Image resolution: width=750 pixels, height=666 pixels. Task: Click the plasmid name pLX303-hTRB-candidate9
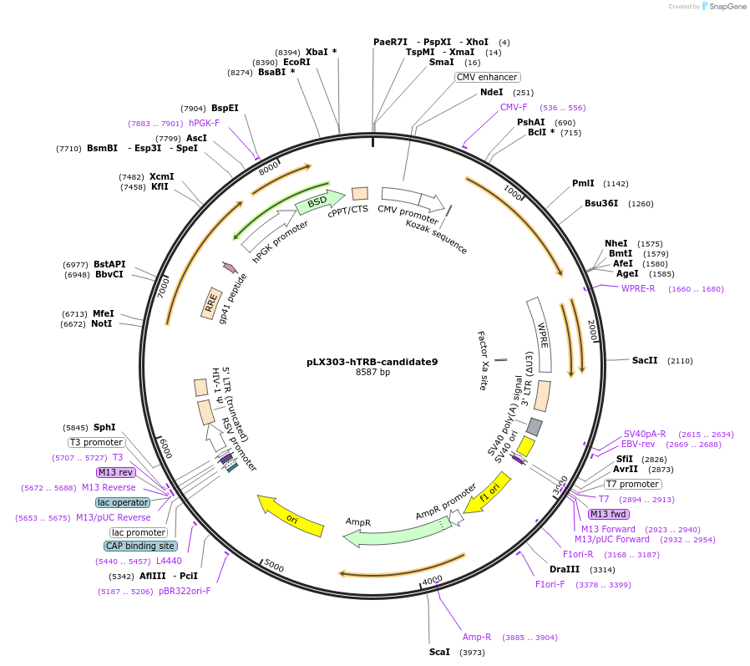click(372, 362)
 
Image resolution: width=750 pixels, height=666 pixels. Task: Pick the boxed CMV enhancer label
click(487, 77)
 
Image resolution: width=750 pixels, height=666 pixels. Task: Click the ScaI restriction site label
click(439, 652)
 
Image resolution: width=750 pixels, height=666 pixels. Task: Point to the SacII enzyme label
click(644, 360)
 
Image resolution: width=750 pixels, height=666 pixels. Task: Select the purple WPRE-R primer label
click(638, 288)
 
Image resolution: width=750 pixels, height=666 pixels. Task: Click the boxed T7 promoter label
click(632, 484)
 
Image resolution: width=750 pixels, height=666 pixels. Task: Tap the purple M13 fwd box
click(608, 514)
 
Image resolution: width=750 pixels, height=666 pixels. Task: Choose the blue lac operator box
click(123, 502)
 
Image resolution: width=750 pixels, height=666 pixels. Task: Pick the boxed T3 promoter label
click(96, 442)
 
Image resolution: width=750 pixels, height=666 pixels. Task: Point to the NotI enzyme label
click(102, 323)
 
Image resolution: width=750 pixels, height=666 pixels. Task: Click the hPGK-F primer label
click(204, 123)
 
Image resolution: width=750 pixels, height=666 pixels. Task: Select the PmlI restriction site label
click(583, 183)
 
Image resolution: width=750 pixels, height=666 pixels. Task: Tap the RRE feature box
click(211, 302)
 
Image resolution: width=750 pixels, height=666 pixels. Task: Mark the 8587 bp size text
click(372, 373)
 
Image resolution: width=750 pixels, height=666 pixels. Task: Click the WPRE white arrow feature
click(542, 334)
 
